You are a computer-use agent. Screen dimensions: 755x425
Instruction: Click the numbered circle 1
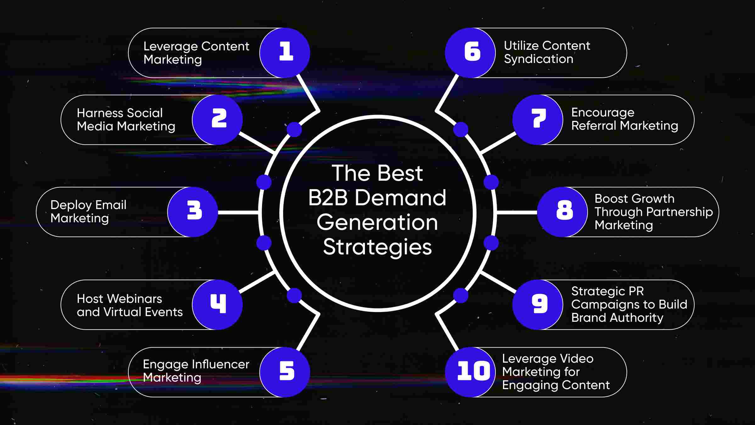coord(285,53)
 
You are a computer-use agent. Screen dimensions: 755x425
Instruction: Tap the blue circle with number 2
coord(217,120)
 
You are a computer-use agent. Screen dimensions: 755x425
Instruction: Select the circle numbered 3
coord(193,212)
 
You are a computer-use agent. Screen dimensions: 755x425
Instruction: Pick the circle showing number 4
coord(217,304)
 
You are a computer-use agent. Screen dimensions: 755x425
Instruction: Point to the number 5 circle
coord(285,372)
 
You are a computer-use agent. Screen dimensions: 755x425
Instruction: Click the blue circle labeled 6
coord(470,53)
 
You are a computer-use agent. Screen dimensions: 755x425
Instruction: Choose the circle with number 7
coord(538,120)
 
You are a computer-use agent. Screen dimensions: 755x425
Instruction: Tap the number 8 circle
coord(562,212)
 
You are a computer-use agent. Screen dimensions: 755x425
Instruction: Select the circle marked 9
coord(538,304)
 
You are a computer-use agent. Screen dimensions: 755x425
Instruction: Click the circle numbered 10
coord(470,372)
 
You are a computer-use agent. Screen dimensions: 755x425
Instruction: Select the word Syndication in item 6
coord(539,59)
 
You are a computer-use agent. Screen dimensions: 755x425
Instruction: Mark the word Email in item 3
coord(111,205)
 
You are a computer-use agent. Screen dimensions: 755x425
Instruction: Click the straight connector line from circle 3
coord(238,212)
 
